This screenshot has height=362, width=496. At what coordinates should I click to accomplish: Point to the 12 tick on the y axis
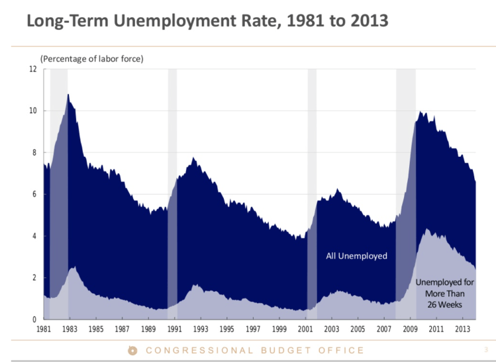click(33, 69)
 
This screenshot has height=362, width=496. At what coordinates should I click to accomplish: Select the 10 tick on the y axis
click(33, 111)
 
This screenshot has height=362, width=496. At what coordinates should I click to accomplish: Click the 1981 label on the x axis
click(44, 329)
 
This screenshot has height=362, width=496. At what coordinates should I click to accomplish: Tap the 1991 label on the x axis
click(175, 329)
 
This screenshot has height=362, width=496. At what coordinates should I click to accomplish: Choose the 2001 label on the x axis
click(305, 329)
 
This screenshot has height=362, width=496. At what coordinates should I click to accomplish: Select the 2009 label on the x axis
click(410, 329)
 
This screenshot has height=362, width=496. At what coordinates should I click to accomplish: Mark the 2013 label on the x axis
click(462, 329)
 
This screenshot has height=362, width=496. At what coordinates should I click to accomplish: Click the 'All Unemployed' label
click(356, 255)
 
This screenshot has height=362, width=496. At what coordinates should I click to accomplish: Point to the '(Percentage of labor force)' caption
click(92, 58)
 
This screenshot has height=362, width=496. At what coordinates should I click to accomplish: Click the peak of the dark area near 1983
click(68, 95)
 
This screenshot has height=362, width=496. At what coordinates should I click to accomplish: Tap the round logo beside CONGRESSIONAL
click(132, 350)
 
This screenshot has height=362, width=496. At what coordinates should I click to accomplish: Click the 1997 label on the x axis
click(253, 329)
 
